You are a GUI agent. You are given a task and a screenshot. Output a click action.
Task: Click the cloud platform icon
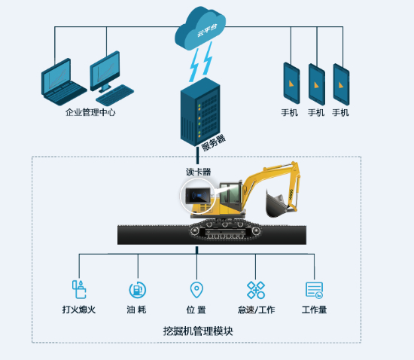point(200,29)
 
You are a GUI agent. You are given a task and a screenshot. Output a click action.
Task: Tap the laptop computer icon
point(62,82)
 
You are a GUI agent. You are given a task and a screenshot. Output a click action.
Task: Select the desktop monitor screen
point(105,71)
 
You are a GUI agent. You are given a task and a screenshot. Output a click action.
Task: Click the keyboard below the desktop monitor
point(115,95)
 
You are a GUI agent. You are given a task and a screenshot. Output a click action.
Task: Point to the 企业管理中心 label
point(90,112)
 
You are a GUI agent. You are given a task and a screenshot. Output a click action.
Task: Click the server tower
point(200,112)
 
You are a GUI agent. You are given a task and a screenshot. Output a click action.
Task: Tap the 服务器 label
point(213,142)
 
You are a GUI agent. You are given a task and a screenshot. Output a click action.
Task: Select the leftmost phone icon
point(291,83)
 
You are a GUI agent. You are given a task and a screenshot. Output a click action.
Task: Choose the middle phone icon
point(317,84)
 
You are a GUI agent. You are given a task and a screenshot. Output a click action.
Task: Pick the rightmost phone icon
point(341,84)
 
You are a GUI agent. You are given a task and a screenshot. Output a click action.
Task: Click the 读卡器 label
point(198,172)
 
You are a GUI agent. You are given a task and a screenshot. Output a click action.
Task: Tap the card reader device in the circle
point(198,196)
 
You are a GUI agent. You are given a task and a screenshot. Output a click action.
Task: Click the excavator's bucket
point(275,203)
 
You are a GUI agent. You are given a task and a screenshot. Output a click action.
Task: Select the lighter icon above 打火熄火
point(79,289)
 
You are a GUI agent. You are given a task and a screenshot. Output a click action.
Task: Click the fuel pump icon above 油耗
point(137,290)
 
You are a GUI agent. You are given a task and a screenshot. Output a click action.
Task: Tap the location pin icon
point(196,290)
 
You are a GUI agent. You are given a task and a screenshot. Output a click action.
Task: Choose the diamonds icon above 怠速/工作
point(256,290)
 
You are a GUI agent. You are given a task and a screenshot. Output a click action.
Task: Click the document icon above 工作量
point(314,290)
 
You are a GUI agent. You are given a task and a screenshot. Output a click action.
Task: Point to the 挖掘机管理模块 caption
point(198,331)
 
